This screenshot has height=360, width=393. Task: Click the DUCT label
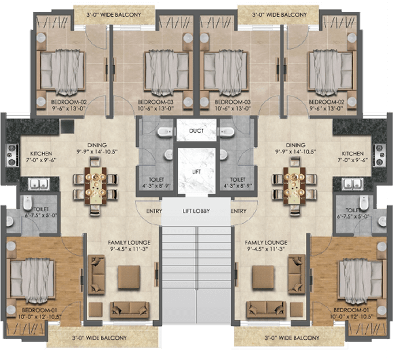[196, 130]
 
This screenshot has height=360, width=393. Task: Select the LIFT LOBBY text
[196, 211]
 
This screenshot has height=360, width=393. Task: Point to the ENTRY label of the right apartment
[238, 211]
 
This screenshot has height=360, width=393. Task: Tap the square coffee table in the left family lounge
[129, 277]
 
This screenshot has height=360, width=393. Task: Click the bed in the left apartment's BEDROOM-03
[163, 71]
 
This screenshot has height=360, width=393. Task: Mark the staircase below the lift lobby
[196, 271]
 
